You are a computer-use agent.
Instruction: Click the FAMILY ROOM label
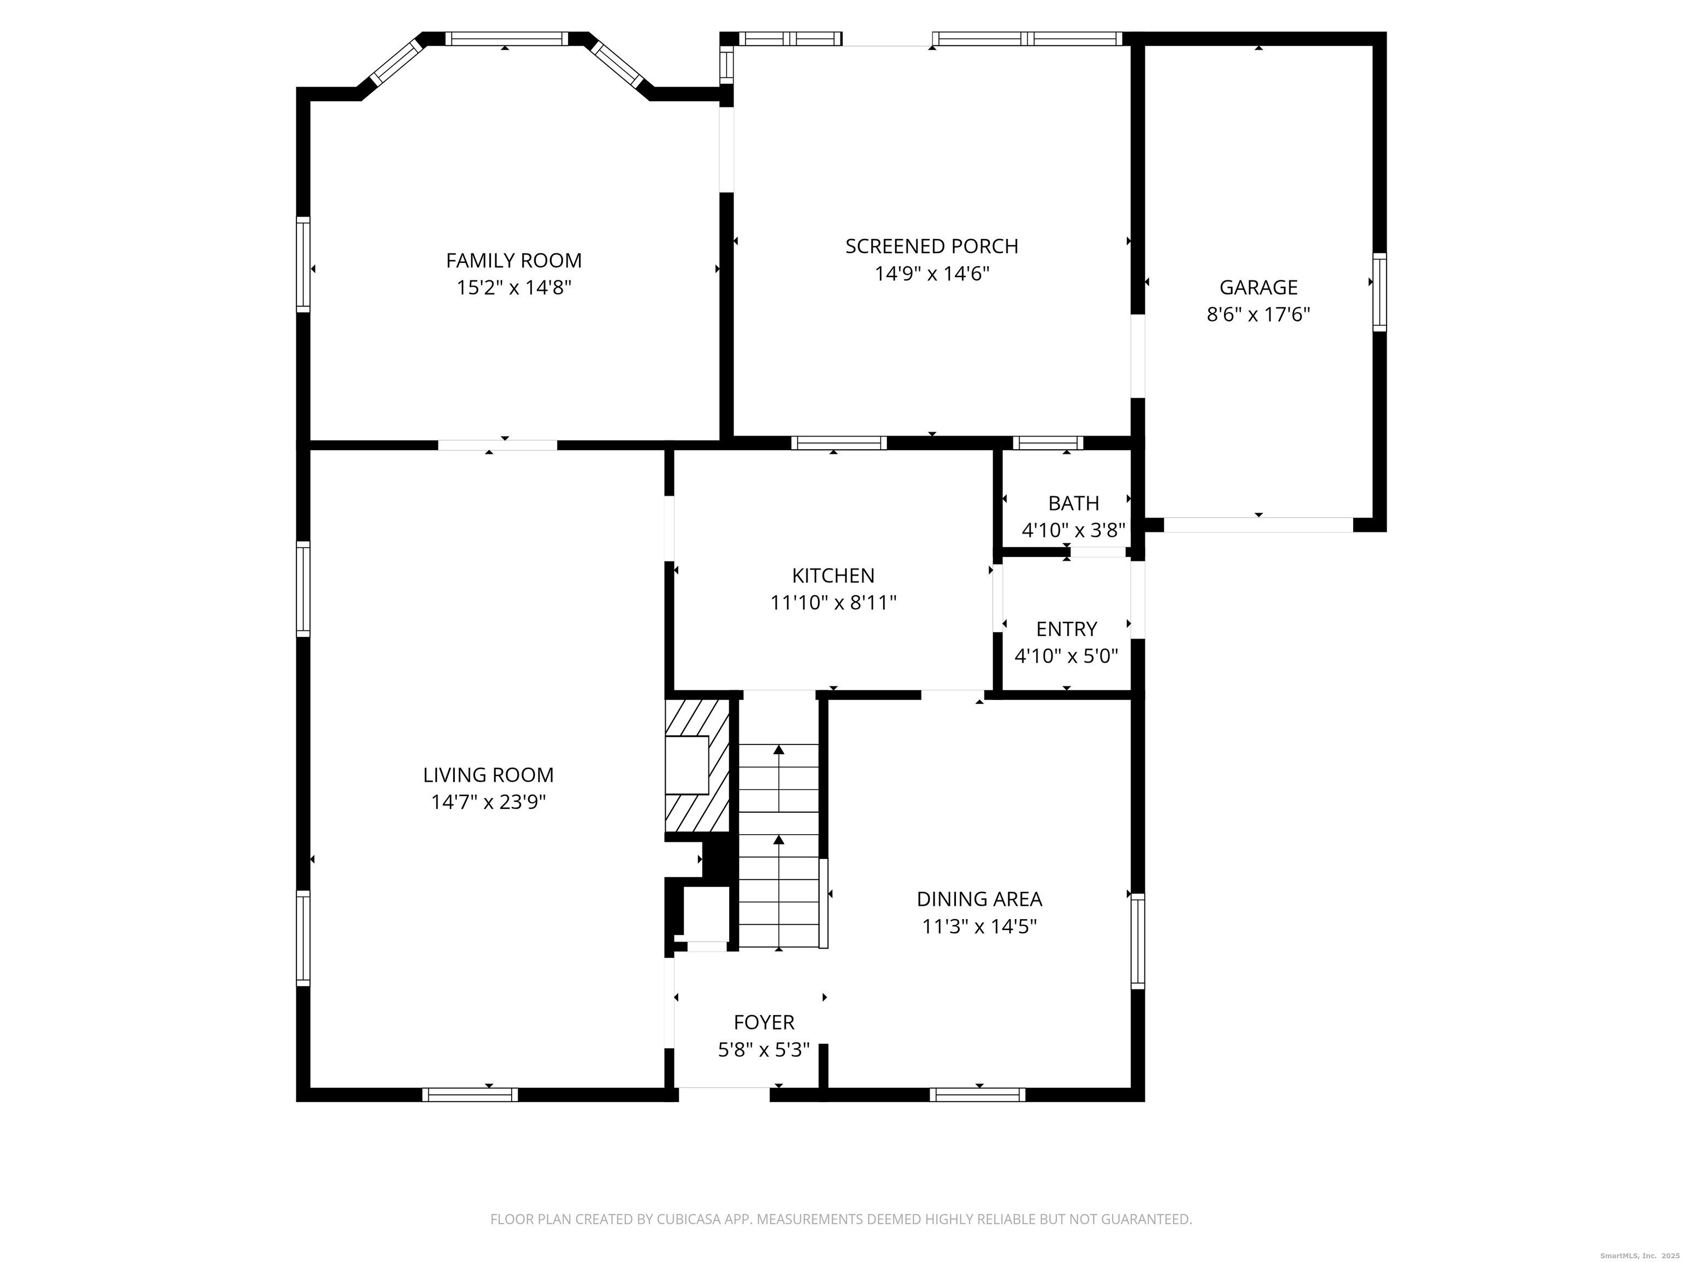coord(513,261)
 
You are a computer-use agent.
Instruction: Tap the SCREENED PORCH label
coord(931,246)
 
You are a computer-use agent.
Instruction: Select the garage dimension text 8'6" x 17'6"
coord(1258,315)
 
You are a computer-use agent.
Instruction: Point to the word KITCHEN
coord(833,576)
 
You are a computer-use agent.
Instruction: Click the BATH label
coord(1074,503)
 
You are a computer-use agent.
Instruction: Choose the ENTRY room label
coord(1067,629)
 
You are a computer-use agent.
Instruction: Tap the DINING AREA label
coord(979,899)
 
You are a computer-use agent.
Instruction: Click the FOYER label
coord(764,1023)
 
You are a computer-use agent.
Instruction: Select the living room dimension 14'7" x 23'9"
coord(489,802)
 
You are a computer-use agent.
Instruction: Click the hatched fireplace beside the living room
coord(697,766)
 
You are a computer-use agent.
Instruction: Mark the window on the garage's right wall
coord(1379,292)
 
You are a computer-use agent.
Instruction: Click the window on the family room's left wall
coord(303,264)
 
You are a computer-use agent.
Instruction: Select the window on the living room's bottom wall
coord(470,1094)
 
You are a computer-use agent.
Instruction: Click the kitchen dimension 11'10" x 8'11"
coord(833,603)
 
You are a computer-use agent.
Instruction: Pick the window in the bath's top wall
coord(1047,443)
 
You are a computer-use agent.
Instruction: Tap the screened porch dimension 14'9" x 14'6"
coord(931,274)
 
